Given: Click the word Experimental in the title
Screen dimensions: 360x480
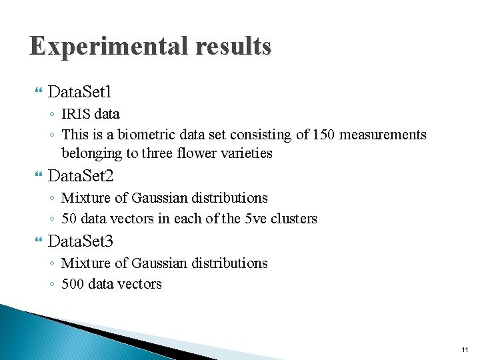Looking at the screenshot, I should [x=108, y=47].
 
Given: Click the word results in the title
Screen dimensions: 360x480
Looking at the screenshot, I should [x=233, y=47].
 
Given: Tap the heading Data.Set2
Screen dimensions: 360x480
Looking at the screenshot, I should [x=81, y=176].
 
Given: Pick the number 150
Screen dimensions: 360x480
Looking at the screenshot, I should [x=323, y=135].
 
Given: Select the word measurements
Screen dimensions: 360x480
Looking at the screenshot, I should [x=383, y=135].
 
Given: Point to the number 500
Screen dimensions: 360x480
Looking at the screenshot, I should [x=73, y=284].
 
